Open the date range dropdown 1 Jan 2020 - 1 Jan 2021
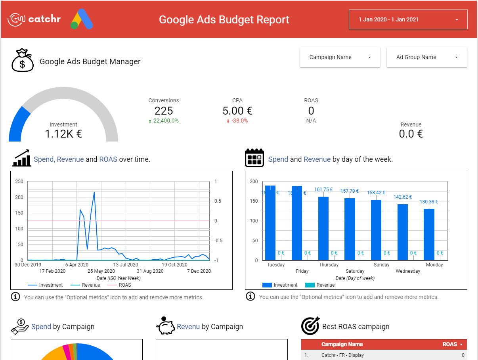408,19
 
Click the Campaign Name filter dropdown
340,57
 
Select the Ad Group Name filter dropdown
426,57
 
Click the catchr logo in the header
34,19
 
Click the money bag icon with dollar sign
22,61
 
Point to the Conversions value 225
164,111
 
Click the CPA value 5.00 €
237,111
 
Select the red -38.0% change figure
239,121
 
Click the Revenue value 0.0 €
411,134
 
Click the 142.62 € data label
402,197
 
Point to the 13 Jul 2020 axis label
126,265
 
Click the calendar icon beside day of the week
254,158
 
